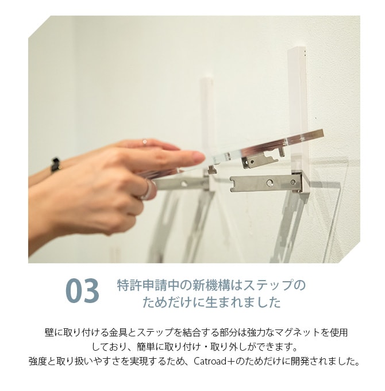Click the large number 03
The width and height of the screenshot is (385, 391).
click(x=82, y=291)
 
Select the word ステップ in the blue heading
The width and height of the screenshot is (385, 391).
click(x=268, y=285)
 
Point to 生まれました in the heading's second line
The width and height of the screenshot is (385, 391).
click(x=243, y=302)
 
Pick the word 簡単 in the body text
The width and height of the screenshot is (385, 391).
click(x=146, y=347)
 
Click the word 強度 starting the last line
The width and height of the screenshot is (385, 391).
click(x=38, y=361)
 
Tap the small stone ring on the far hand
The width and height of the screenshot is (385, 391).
click(x=145, y=141)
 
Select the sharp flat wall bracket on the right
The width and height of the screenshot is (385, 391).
click(x=266, y=183)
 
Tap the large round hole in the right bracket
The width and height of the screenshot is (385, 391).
click(x=269, y=183)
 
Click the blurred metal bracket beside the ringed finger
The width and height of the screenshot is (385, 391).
click(x=179, y=184)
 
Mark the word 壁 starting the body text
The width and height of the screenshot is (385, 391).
click(x=49, y=332)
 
